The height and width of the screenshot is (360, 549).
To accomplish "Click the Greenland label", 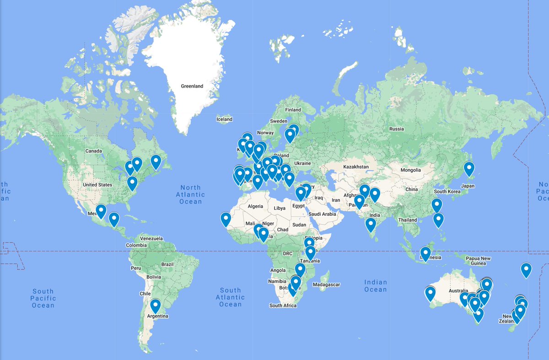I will click(x=192, y=86).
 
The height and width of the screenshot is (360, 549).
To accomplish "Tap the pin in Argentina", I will click(x=156, y=305).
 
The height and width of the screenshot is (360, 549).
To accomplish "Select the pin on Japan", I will click(x=469, y=168).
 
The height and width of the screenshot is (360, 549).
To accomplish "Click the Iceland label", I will click(x=224, y=119).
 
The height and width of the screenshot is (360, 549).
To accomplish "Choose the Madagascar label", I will click(x=326, y=285).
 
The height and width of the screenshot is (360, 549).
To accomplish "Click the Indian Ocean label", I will click(x=376, y=285).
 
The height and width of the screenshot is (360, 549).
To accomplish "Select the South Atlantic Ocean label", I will click(x=230, y=297).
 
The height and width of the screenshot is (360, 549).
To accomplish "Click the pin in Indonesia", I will click(x=425, y=253).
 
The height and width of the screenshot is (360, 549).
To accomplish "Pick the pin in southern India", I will click(x=371, y=224).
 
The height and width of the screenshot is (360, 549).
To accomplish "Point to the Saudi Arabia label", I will click(x=323, y=214).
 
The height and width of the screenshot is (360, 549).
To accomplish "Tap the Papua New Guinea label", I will click(x=478, y=261).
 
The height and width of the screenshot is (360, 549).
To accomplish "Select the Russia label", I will click(x=397, y=129).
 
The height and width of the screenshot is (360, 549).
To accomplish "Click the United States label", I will click(x=97, y=185).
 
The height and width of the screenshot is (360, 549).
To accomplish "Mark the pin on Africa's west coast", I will click(x=226, y=219).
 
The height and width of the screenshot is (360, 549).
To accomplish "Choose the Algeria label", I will click(x=255, y=206).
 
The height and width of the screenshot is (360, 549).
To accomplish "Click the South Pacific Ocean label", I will click(x=43, y=298).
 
